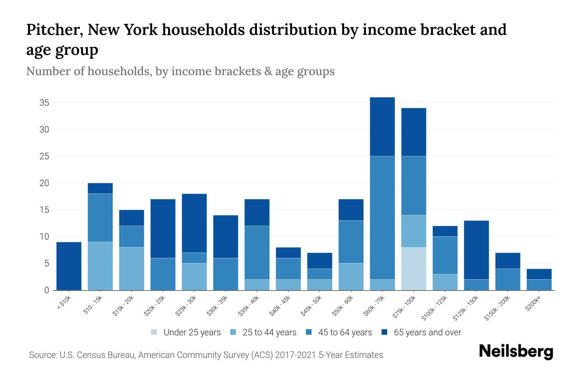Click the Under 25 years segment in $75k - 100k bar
(413, 269)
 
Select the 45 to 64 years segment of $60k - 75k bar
(382, 218)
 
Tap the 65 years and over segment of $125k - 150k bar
(476, 250)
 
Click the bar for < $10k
(69, 266)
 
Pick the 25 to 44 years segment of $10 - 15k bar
(100, 266)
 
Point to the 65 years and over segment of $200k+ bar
(539, 274)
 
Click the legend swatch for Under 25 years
(154, 332)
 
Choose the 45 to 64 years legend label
(345, 332)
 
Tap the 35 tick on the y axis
(44, 103)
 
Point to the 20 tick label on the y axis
(44, 183)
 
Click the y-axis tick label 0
(46, 290)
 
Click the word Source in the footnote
(42, 355)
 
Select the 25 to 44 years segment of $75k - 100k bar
(413, 231)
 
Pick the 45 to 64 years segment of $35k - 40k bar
(257, 253)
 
